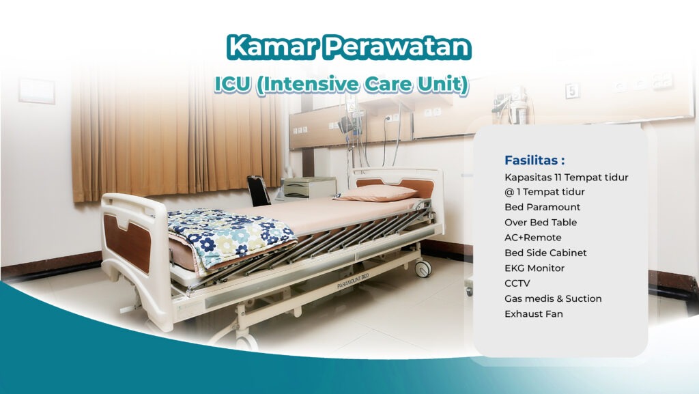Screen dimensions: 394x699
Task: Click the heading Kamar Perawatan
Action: tap(349, 46)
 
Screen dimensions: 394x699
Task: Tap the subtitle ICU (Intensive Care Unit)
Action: tap(341, 84)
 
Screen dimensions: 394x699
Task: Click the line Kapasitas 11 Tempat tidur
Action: tap(566, 178)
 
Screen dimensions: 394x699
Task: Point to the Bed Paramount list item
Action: tap(542, 207)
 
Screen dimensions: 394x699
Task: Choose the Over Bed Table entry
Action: tap(540, 223)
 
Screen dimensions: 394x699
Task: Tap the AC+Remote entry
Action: tap(532, 238)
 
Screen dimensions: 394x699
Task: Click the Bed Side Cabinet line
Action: tap(545, 253)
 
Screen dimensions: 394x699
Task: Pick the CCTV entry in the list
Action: tap(517, 283)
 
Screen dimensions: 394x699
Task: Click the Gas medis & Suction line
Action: tap(553, 298)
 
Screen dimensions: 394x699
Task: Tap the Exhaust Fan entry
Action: tap(534, 314)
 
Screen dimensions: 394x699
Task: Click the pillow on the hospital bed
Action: tap(377, 193)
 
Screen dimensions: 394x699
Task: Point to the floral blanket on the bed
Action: tap(225, 236)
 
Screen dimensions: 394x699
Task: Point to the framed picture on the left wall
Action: tap(37, 91)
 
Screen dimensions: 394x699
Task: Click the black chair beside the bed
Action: tap(259, 190)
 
